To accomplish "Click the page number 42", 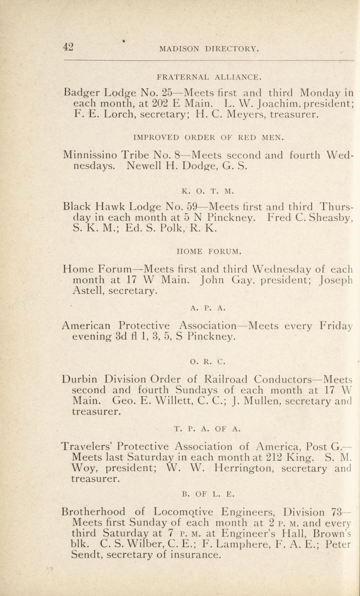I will click(x=68, y=47).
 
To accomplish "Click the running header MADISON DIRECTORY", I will click(x=209, y=49).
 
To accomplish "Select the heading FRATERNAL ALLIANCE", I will click(x=209, y=78).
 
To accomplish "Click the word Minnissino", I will click(x=89, y=155).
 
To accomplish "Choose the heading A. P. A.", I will click(x=208, y=308).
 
